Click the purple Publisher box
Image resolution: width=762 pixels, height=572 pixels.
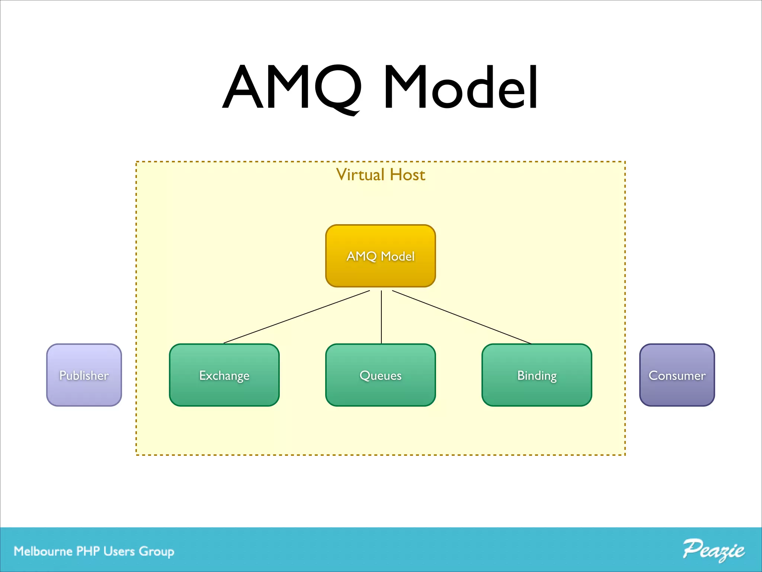pos(84,375)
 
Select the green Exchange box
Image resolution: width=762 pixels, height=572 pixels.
pos(224,375)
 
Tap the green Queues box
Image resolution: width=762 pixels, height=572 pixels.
pos(381,375)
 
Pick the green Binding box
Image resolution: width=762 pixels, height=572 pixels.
pos(537,375)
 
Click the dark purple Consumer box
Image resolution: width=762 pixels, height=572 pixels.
pos(677,375)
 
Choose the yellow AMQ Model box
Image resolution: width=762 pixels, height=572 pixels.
pos(381,256)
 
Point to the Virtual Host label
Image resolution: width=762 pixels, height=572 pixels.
pos(381,175)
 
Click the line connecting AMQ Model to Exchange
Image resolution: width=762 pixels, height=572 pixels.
pos(297,317)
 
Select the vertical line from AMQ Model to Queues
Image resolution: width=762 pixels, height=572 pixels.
pos(381,317)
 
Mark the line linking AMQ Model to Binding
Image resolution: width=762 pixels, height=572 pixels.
pos(461,317)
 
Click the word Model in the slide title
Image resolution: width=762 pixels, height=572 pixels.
pos(461,88)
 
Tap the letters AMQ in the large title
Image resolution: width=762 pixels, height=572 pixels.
pos(292,88)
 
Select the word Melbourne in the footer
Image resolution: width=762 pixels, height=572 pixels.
pos(43,551)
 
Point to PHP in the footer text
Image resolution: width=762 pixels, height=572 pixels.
pos(88,551)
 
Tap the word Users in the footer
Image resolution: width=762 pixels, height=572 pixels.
pos(119,551)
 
